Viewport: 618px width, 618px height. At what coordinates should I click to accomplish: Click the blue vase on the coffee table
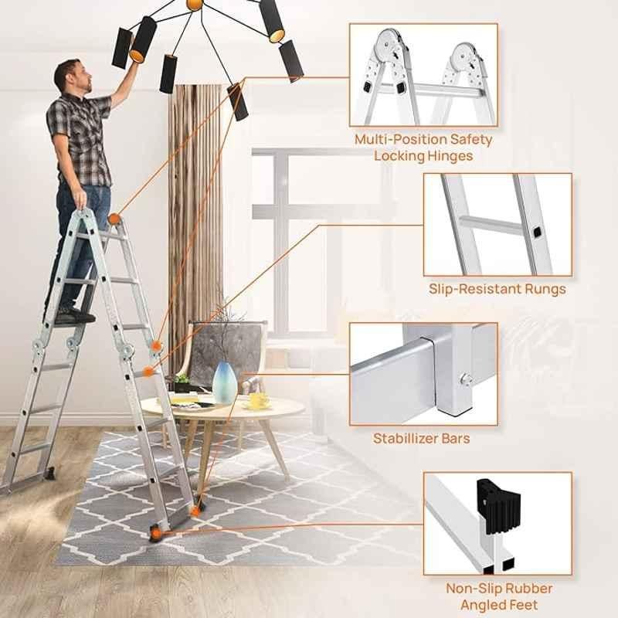[225, 382]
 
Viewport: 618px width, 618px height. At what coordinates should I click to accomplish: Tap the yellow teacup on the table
[260, 400]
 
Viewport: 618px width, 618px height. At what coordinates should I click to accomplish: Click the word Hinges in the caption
[450, 156]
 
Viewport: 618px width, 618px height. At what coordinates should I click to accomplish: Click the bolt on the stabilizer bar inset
[466, 379]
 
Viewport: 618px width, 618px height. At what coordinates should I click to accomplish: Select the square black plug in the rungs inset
[537, 233]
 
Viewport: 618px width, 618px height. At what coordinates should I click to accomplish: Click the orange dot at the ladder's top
[114, 219]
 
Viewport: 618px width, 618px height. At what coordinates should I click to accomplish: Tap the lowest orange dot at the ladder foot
[157, 534]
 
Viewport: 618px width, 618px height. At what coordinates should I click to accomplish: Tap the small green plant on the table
[182, 379]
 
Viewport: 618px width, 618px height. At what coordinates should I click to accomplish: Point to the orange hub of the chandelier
[195, 4]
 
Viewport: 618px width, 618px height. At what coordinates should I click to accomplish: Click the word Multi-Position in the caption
[401, 140]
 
